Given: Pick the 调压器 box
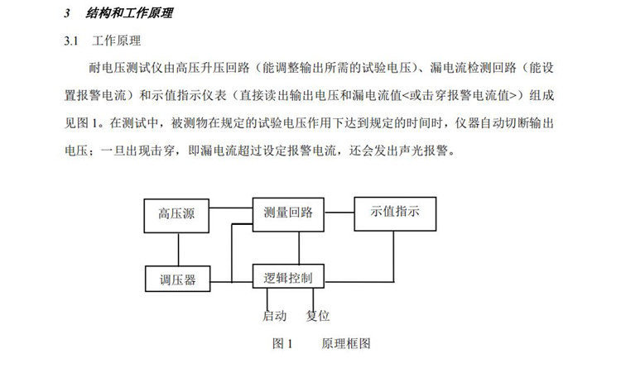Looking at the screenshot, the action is click(x=177, y=280).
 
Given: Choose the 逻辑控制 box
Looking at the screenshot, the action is click(x=287, y=276).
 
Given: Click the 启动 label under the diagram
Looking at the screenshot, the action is click(x=274, y=315).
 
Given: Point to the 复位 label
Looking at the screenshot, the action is click(x=318, y=315).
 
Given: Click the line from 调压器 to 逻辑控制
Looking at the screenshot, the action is click(x=230, y=280).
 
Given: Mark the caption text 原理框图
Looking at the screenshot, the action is click(x=345, y=342).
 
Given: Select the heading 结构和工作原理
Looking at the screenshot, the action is click(x=129, y=15).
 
